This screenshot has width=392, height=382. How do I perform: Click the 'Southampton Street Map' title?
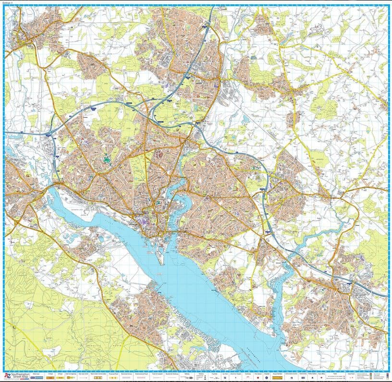[20, 374]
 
